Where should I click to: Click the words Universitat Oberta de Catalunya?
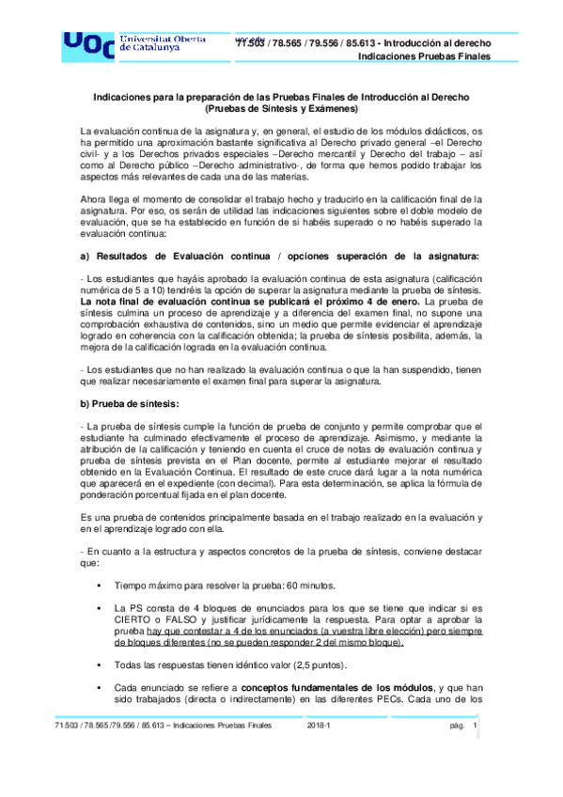pos(161,42)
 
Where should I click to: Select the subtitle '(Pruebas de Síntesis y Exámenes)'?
pos(282,109)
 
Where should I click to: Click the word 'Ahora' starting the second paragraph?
pos(95,198)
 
